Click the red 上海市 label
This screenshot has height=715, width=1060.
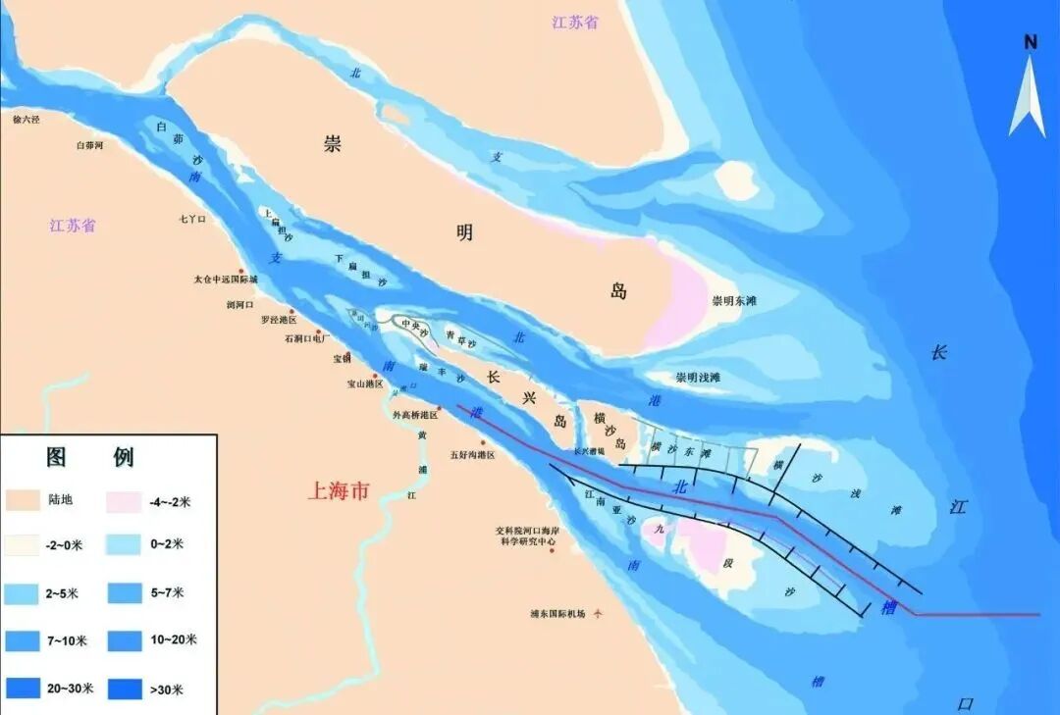pyautogui.click(x=339, y=491)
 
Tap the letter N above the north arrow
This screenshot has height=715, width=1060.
pyautogui.click(x=1031, y=41)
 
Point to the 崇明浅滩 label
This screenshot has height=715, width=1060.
pyautogui.click(x=698, y=378)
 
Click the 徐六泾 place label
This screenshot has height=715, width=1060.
pyautogui.click(x=26, y=120)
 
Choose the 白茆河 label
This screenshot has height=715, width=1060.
pyautogui.click(x=89, y=145)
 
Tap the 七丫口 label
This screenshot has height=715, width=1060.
pyautogui.click(x=192, y=220)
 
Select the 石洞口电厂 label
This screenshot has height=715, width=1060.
pyautogui.click(x=306, y=338)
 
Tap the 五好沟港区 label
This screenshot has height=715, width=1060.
pyautogui.click(x=472, y=455)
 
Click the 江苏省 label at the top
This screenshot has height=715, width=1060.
pyautogui.click(x=574, y=22)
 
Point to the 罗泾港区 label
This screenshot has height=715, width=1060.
pyautogui.click(x=278, y=321)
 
